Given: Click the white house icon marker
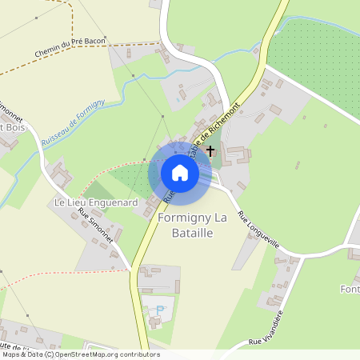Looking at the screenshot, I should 180,173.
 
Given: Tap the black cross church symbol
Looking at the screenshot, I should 210,150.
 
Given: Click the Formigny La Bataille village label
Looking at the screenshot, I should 196,225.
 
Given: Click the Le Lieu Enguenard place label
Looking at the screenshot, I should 95,203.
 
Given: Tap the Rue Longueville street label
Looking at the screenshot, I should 258,230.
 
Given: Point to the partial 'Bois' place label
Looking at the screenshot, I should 11,127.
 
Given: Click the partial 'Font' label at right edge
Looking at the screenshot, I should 350,288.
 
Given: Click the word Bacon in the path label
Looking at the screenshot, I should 95,43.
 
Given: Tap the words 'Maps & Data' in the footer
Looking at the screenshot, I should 21,354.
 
